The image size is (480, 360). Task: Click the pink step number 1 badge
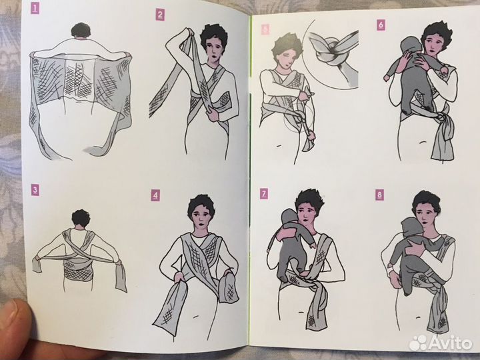pos(35,8)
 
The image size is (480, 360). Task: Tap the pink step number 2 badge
pos(160,15)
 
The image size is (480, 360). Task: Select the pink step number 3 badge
pos(35,190)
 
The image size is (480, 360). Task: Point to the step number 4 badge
pos(155,195)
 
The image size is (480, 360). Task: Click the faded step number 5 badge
pos(265,29)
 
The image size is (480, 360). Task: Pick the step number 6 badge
pos(381,25)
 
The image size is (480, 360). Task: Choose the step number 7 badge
pos(264,194)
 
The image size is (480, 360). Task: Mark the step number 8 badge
pos(379,195)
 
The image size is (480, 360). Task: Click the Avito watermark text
pos(449,343)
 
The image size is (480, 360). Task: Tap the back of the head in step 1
pos(81,30)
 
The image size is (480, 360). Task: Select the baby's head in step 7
pos(289,219)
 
